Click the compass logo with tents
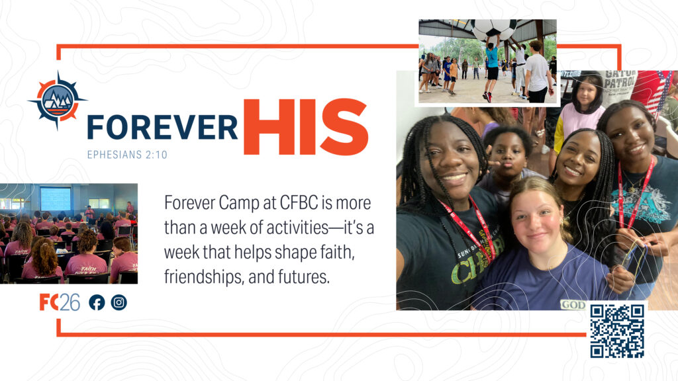click(58, 101)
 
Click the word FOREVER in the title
click(163, 128)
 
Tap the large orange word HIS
click(306, 126)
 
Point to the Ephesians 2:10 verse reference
click(127, 155)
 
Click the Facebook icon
click(97, 302)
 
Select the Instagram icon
click(119, 302)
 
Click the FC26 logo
click(60, 302)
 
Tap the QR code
click(617, 331)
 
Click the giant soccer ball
click(494, 30)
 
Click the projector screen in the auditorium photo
click(56, 198)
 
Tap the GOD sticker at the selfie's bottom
click(573, 305)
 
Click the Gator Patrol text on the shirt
click(620, 79)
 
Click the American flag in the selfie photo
click(654, 93)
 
